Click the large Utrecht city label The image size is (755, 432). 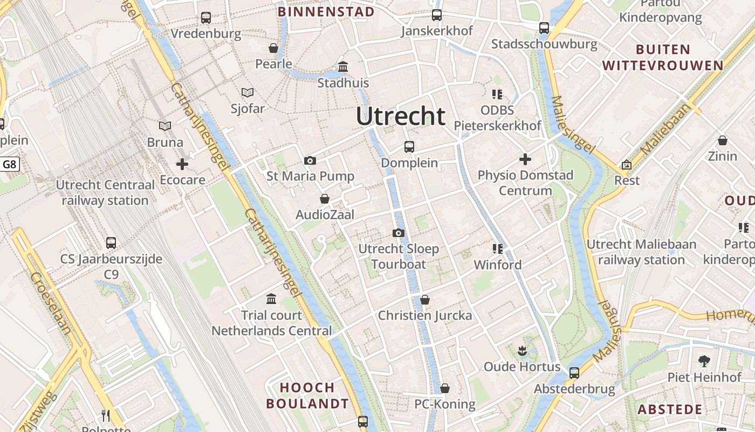pyautogui.click(x=401, y=116)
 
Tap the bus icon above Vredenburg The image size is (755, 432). pyautogui.click(x=206, y=18)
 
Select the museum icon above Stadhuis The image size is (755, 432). pyautogui.click(x=343, y=67)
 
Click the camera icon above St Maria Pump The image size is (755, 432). pyautogui.click(x=310, y=160)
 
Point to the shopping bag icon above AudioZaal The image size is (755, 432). pyautogui.click(x=325, y=199)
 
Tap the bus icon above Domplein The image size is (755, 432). pyautogui.click(x=409, y=147)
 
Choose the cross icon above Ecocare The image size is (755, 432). pyautogui.click(x=182, y=164)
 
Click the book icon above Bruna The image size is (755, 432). pyautogui.click(x=165, y=126)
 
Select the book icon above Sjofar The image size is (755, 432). pyautogui.click(x=248, y=93)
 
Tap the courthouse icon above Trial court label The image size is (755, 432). pyautogui.click(x=271, y=299)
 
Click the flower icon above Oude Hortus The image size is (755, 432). pyautogui.click(x=521, y=352)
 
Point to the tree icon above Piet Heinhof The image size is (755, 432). pyautogui.click(x=704, y=361)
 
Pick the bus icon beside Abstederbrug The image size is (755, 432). pyautogui.click(x=574, y=373)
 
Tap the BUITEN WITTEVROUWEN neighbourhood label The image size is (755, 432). pyautogui.click(x=663, y=58)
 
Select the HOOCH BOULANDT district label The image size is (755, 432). pyautogui.click(x=308, y=395)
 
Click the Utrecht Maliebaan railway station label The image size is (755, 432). pyautogui.click(x=641, y=252)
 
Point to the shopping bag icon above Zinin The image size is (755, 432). pyautogui.click(x=723, y=141)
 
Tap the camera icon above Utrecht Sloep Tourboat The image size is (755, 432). pyautogui.click(x=399, y=233)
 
